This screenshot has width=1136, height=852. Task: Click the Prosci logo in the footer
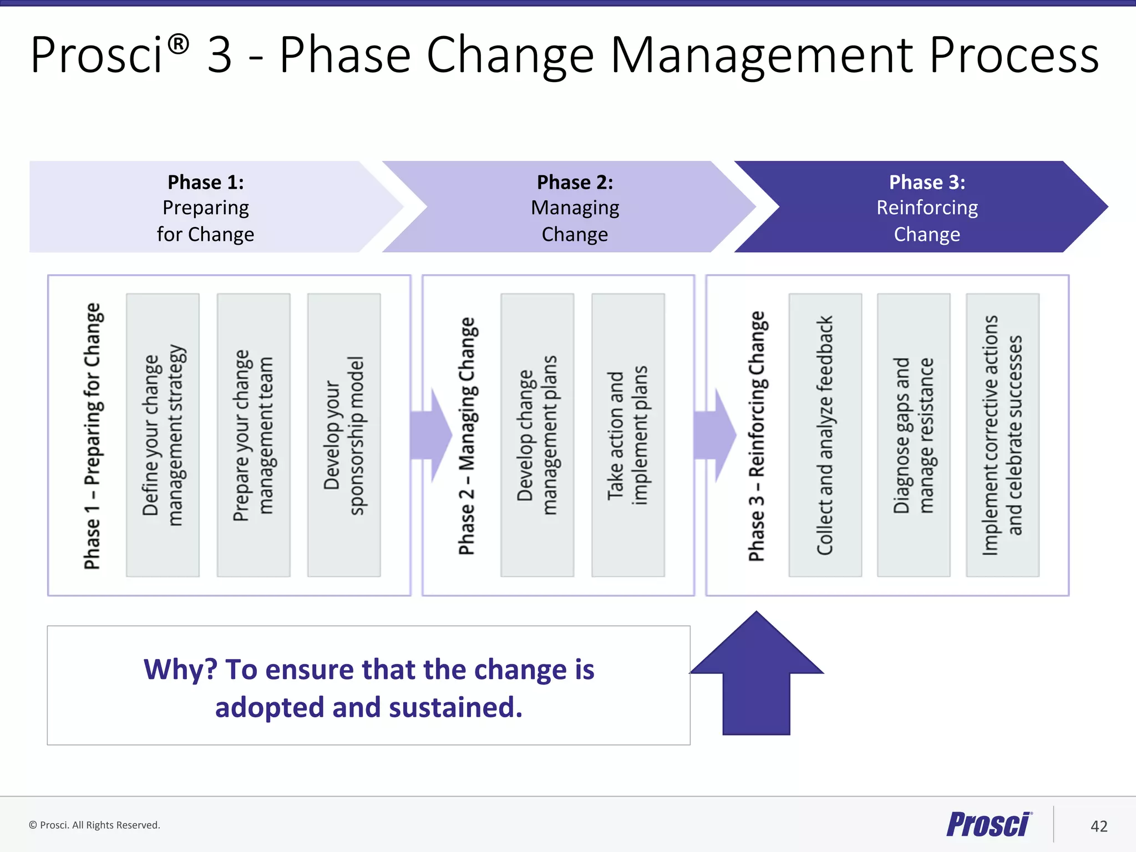[x=988, y=824]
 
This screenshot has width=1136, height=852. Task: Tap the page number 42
[x=1098, y=826]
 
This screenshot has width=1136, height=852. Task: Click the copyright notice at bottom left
[x=94, y=825]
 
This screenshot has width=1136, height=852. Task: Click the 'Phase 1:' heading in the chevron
[x=206, y=182]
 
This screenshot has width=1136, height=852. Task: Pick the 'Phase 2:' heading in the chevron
[x=575, y=182]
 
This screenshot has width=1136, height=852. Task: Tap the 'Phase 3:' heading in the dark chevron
[x=927, y=182]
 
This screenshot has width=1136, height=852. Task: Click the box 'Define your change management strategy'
[x=163, y=435]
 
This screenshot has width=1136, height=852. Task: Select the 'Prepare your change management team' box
[x=253, y=435]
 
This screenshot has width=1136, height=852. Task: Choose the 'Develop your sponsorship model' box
[x=344, y=435]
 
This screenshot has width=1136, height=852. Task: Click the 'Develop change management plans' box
[x=537, y=435]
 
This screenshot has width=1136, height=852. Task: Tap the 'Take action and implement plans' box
[x=628, y=435]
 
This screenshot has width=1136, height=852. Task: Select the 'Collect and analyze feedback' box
[x=825, y=435]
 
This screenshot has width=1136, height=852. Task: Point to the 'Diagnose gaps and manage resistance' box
[x=914, y=435]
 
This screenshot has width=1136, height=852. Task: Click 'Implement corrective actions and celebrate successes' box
[x=1002, y=435]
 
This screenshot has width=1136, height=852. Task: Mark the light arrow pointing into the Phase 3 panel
[x=716, y=435]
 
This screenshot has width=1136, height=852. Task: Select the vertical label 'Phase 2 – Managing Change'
[x=467, y=435]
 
